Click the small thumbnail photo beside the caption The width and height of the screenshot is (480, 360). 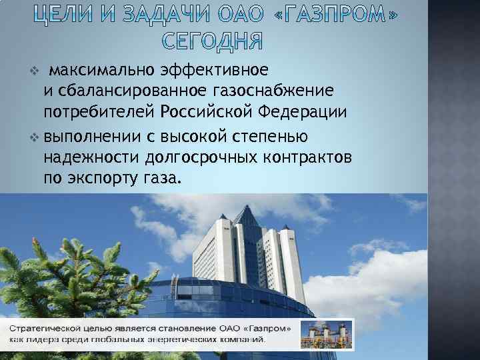point(327,334)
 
